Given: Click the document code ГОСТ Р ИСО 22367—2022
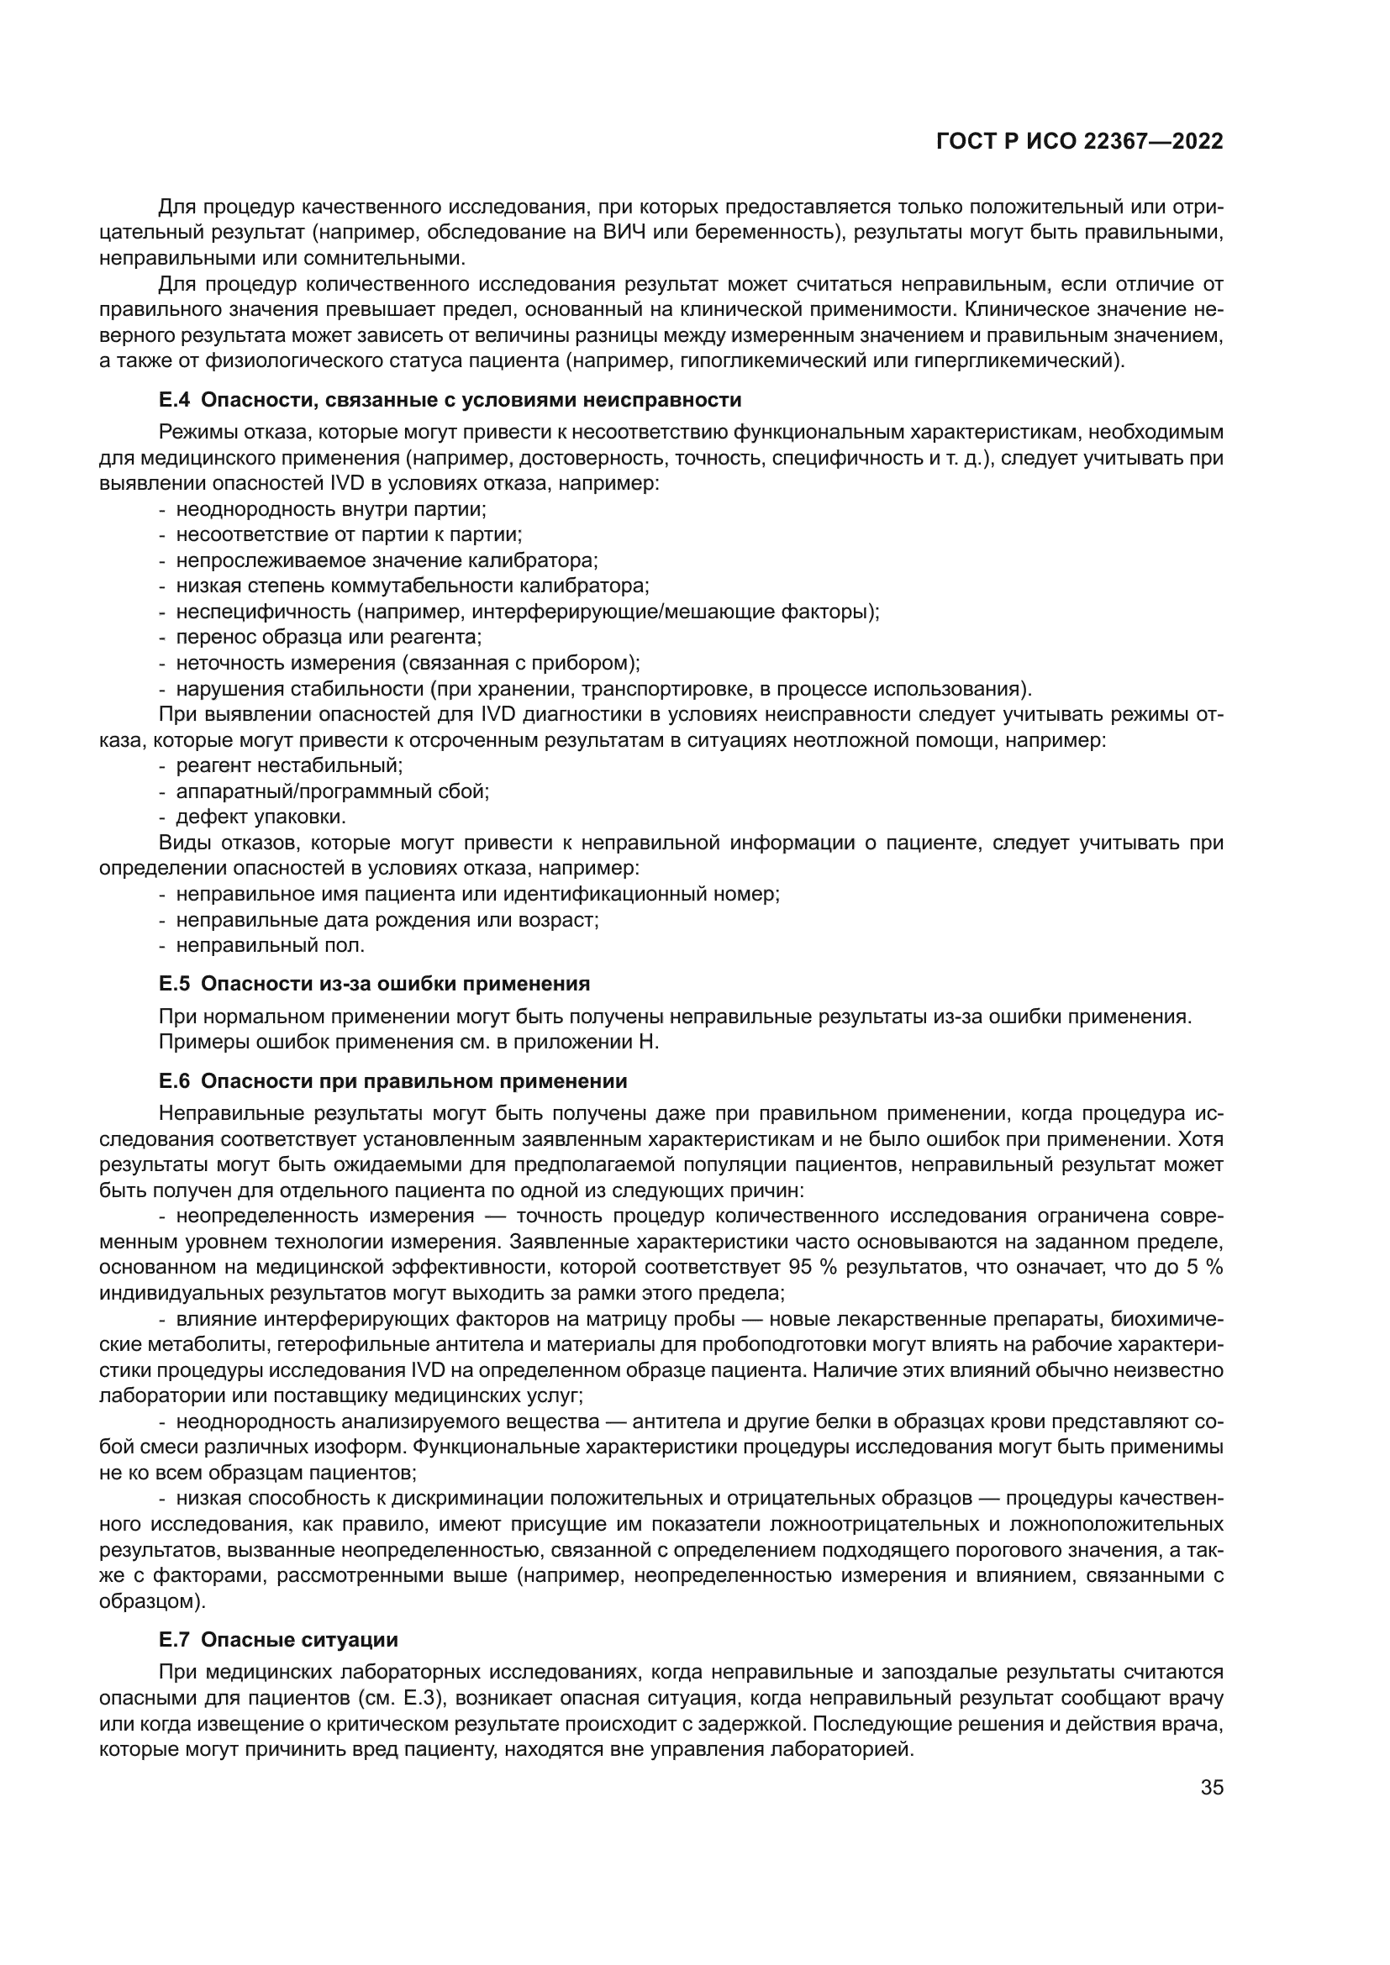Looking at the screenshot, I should tap(1079, 142).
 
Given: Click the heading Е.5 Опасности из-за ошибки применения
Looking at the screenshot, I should tap(374, 984).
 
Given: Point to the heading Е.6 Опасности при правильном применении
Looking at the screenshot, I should tap(392, 1081).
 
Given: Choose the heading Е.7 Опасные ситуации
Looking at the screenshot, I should tap(278, 1640).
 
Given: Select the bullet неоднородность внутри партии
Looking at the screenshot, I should tap(330, 509).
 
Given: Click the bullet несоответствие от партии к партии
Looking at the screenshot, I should tap(349, 535).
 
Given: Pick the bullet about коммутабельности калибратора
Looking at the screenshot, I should tap(412, 586).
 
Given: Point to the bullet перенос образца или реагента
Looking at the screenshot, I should tap(329, 638).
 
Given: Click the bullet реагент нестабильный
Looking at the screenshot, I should tap(288, 766).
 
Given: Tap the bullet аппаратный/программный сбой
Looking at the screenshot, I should tap(332, 791).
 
